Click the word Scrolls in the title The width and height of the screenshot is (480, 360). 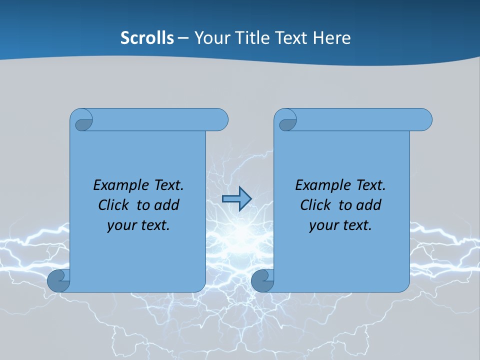click(x=147, y=38)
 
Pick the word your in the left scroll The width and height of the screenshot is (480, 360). click(x=121, y=225)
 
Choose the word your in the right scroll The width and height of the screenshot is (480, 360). click(x=323, y=225)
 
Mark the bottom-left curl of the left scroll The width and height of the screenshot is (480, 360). click(x=58, y=281)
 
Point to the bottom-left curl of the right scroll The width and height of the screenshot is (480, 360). click(x=262, y=281)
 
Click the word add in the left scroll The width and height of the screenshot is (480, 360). click(x=167, y=205)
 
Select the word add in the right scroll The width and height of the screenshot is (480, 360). click(x=369, y=205)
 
